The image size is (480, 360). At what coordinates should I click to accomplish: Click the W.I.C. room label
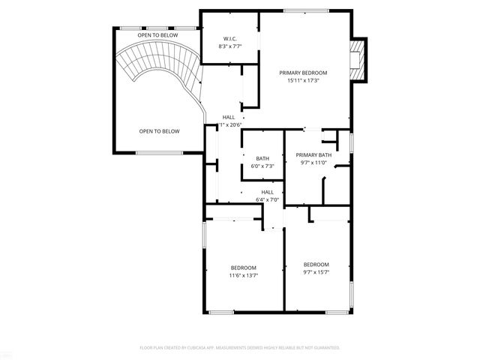tap(230, 38)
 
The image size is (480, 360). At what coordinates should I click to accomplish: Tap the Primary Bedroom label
tap(304, 73)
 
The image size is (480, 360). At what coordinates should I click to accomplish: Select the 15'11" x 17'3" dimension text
tap(304, 80)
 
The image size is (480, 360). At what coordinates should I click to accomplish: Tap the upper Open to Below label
tap(157, 35)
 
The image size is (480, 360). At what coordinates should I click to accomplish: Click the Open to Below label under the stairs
tap(159, 131)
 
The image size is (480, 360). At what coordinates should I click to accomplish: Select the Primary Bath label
tap(313, 154)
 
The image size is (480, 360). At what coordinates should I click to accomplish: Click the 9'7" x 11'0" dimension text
tap(313, 162)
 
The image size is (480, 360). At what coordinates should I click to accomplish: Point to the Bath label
tap(262, 158)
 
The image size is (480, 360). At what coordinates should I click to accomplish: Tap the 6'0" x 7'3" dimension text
tap(262, 166)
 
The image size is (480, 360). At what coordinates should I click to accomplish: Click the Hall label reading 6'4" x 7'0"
tap(267, 192)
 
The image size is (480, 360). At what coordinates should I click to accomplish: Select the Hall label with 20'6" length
tap(229, 117)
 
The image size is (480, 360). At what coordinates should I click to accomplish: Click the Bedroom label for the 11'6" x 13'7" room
tap(244, 268)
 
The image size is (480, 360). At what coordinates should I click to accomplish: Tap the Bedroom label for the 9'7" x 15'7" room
tap(316, 264)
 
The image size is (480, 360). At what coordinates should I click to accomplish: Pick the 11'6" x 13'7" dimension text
tap(244, 275)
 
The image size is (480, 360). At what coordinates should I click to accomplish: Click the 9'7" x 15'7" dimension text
tap(316, 271)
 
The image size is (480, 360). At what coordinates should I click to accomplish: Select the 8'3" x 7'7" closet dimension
tap(230, 46)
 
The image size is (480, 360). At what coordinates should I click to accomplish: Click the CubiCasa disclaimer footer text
tap(240, 348)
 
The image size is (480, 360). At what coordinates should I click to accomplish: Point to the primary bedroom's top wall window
tap(306, 10)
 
